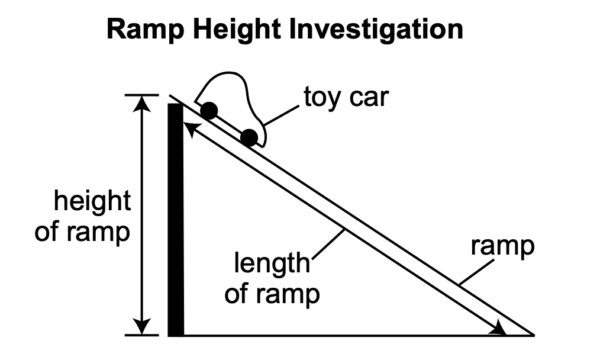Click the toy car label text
(x=346, y=97)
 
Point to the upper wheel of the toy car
(x=209, y=111)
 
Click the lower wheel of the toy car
(x=250, y=138)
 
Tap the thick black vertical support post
(x=176, y=219)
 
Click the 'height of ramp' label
(x=83, y=217)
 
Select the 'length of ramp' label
(x=272, y=278)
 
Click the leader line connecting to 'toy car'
(x=282, y=115)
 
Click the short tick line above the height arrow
(x=141, y=95)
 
